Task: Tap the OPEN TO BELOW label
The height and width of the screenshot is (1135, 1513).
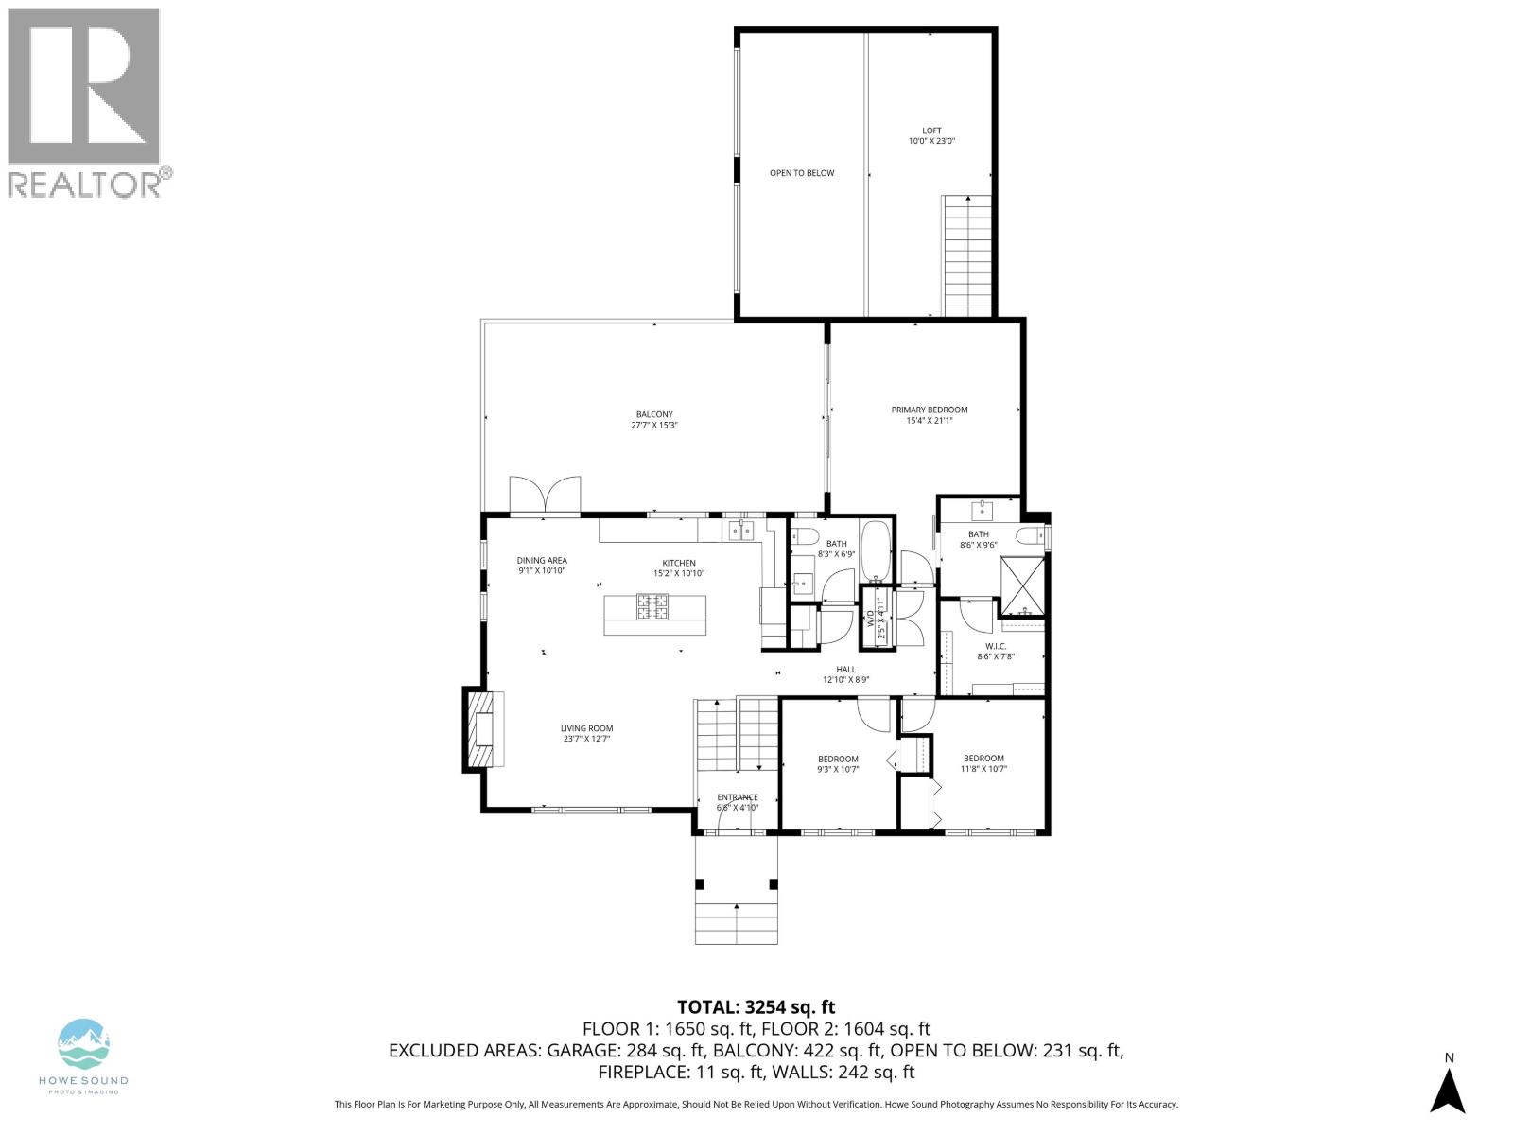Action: [801, 173]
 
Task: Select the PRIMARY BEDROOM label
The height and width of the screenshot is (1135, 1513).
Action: [929, 410]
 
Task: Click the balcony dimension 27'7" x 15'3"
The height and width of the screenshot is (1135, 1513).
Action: [654, 426]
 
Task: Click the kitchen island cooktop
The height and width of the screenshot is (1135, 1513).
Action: [652, 606]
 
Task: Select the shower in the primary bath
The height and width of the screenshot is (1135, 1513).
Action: [1023, 585]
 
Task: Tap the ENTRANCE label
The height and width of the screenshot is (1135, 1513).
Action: [737, 797]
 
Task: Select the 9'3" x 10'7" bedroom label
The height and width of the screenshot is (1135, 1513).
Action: [838, 759]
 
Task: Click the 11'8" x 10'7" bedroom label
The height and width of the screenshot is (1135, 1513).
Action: [983, 758]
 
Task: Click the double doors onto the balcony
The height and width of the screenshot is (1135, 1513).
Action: [545, 496]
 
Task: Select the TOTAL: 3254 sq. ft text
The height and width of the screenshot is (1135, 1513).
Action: [756, 1007]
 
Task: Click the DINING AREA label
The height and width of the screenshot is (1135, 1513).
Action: [542, 560]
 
